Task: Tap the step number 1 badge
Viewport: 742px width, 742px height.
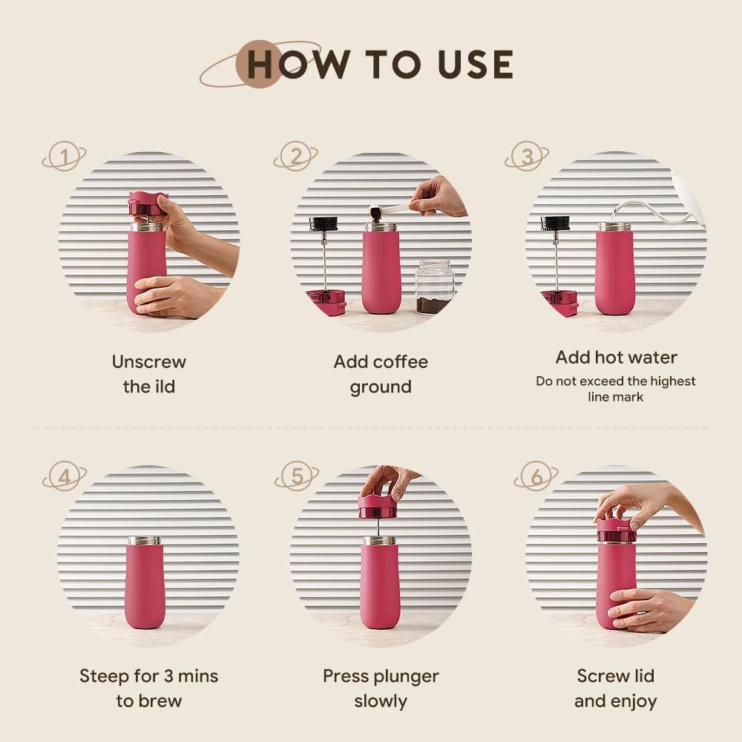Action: click(x=65, y=156)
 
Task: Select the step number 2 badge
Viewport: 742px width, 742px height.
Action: click(x=296, y=156)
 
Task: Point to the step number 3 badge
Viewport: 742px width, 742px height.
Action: click(x=527, y=156)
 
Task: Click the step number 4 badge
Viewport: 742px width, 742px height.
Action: click(x=65, y=476)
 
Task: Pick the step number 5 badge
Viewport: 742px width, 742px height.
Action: click(x=297, y=476)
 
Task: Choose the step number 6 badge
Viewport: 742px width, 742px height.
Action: click(x=536, y=476)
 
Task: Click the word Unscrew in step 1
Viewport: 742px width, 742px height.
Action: click(x=149, y=362)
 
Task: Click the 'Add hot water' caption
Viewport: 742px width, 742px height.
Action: click(x=616, y=358)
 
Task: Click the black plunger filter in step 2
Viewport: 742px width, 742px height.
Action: click(x=324, y=223)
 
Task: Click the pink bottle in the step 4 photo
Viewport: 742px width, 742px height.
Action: click(x=145, y=583)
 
